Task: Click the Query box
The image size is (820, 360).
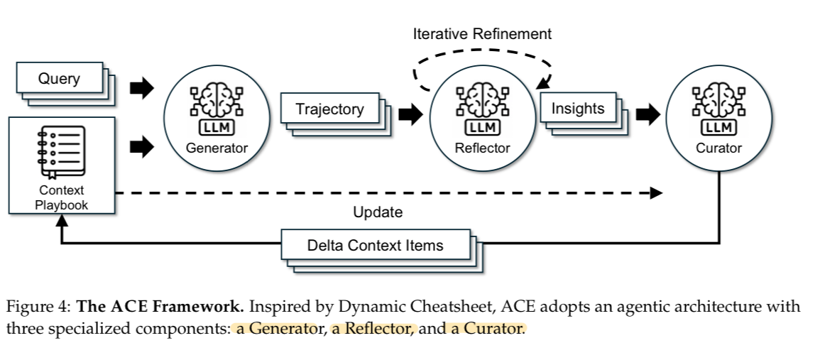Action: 59,79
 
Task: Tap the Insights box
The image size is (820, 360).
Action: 578,109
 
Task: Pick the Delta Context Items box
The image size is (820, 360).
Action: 375,246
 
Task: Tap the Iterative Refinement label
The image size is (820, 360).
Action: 482,33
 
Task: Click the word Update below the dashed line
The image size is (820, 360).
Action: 378,212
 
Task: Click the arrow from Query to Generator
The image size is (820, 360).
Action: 142,89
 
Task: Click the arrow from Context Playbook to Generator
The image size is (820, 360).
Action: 142,147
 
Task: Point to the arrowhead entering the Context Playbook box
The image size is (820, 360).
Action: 62,222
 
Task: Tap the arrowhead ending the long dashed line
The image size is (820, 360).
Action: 656,193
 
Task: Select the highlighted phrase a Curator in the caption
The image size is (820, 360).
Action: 486,329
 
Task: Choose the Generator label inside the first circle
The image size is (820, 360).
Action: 217,148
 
